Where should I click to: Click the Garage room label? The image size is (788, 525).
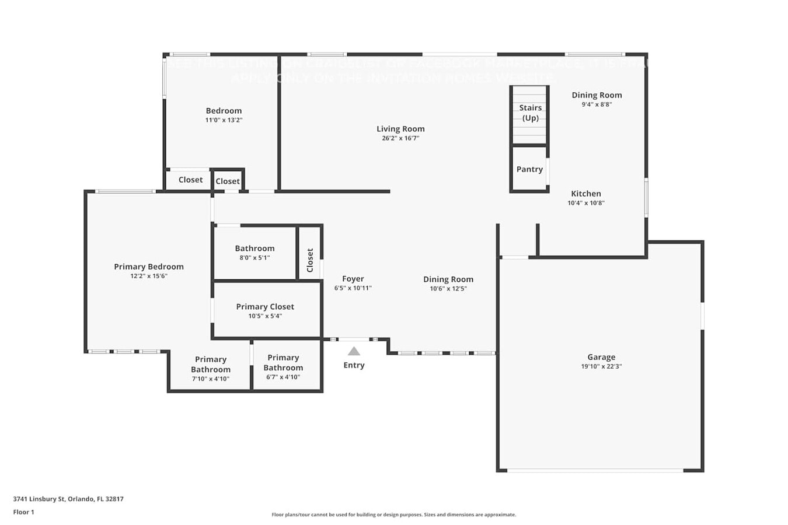pyautogui.click(x=601, y=357)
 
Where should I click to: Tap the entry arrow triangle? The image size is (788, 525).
pyautogui.click(x=354, y=351)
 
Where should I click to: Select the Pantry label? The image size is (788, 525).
pyautogui.click(x=529, y=169)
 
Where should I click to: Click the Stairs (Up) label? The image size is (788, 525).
pyautogui.click(x=530, y=113)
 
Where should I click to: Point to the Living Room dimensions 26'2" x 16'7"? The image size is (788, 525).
pyautogui.click(x=400, y=138)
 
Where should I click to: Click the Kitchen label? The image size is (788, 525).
pyautogui.click(x=586, y=194)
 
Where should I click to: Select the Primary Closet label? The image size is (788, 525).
pyautogui.click(x=265, y=307)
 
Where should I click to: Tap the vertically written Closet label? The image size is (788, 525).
pyautogui.click(x=310, y=260)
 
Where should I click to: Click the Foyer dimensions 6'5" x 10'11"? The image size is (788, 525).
pyautogui.click(x=353, y=288)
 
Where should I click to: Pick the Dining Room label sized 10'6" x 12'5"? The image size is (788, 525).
pyautogui.click(x=448, y=279)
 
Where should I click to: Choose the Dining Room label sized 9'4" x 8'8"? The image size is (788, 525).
pyautogui.click(x=597, y=95)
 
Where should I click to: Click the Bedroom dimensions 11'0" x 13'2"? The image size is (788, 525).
pyautogui.click(x=224, y=120)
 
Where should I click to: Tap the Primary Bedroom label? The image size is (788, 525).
pyautogui.click(x=149, y=267)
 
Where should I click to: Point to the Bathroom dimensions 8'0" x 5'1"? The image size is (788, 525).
pyautogui.click(x=254, y=258)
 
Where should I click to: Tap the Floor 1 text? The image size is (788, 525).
pyautogui.click(x=24, y=512)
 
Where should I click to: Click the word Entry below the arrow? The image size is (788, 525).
pyautogui.click(x=354, y=365)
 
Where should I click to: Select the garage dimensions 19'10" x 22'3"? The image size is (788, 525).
pyautogui.click(x=601, y=366)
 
